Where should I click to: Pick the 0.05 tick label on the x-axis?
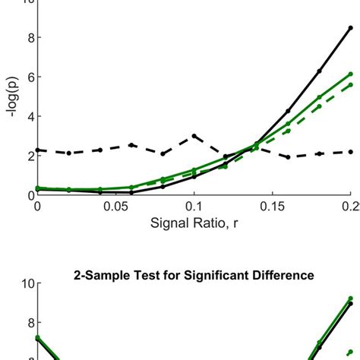click(115, 207)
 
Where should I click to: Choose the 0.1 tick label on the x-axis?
click(194, 207)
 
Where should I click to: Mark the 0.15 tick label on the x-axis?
click(272, 207)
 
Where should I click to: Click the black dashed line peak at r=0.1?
click(194, 136)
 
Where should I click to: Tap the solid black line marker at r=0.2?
click(350, 28)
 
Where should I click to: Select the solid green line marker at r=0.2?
click(350, 74)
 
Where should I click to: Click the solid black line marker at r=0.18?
click(319, 71)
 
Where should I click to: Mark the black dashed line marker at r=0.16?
click(288, 157)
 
